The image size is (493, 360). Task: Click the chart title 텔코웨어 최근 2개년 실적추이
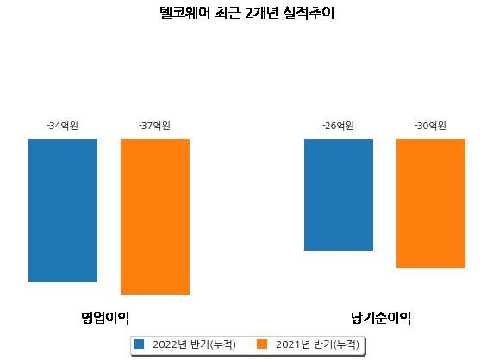coord(246,13)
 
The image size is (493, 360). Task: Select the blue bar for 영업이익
coord(63,210)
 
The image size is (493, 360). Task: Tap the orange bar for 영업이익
coord(155,216)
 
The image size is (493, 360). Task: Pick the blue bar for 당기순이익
coord(339,195)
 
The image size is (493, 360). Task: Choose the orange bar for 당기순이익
coord(431,203)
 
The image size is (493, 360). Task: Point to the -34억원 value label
coord(63,126)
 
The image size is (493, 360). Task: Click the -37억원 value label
coord(154,126)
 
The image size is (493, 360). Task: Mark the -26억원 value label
coord(339,126)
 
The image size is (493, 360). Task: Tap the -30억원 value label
coord(430,126)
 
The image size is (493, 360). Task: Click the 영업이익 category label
coord(105,318)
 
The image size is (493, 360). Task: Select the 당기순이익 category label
coord(381,318)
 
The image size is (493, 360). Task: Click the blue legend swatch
coord(139,344)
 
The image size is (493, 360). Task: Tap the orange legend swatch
coord(262,344)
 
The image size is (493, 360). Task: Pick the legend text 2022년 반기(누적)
coord(194,344)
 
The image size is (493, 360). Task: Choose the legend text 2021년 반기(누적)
coord(317,344)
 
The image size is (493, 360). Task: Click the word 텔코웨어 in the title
coord(184,13)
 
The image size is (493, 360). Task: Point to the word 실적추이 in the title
coord(309,13)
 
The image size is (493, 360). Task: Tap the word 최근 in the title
coord(228,13)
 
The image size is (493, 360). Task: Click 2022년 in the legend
coord(170,344)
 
